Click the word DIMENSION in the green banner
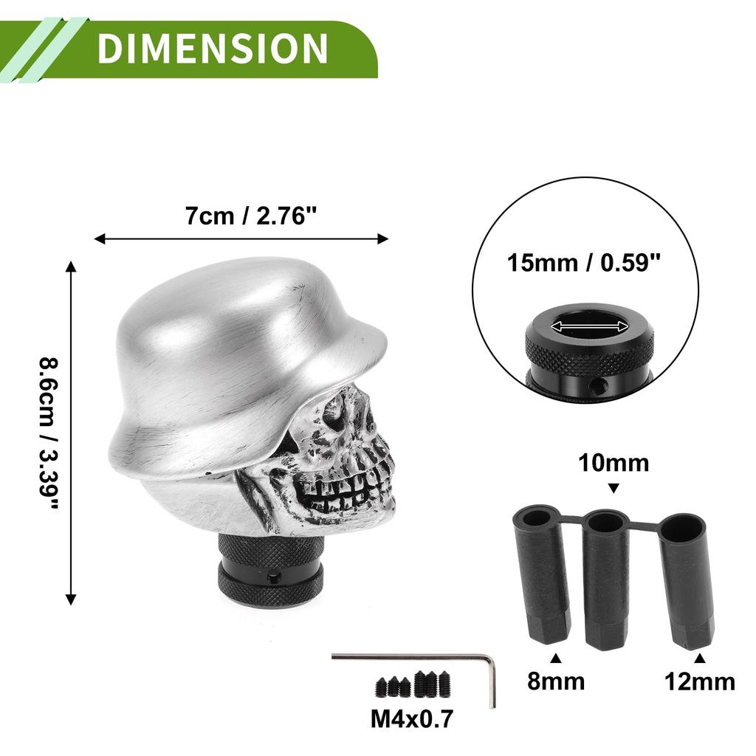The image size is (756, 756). coord(212,49)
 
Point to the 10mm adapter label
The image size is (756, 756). coord(613,463)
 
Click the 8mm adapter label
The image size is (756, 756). coord(555,680)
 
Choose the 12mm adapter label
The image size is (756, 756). coord(699,681)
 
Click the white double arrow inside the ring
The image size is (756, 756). coord(590,326)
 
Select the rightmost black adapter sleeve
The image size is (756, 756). coord(687,580)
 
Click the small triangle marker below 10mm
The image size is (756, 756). coord(613,488)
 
